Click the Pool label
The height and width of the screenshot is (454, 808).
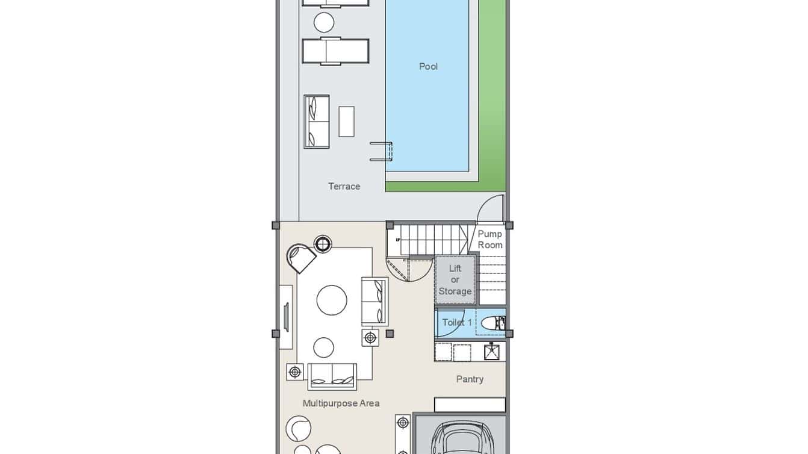[428, 67]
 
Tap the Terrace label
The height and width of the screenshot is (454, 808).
[344, 187]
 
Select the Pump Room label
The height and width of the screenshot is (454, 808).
[489, 240]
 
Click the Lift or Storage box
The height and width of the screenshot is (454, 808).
[455, 280]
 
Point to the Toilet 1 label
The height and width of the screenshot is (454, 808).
[457, 323]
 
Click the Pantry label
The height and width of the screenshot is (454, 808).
[470, 379]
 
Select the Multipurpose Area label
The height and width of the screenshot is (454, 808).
[341, 403]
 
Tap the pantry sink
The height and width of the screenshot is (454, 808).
[492, 352]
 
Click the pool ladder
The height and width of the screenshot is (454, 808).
[381, 151]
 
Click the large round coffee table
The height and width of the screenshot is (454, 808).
[332, 300]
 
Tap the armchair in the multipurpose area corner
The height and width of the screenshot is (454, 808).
[301, 258]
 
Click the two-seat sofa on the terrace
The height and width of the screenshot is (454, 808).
[317, 121]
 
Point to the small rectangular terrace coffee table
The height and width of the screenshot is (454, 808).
[346, 121]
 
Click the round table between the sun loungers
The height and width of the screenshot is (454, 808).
[324, 22]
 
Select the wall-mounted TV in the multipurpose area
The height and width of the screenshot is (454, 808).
[286, 317]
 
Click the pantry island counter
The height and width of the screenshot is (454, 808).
[470, 405]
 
